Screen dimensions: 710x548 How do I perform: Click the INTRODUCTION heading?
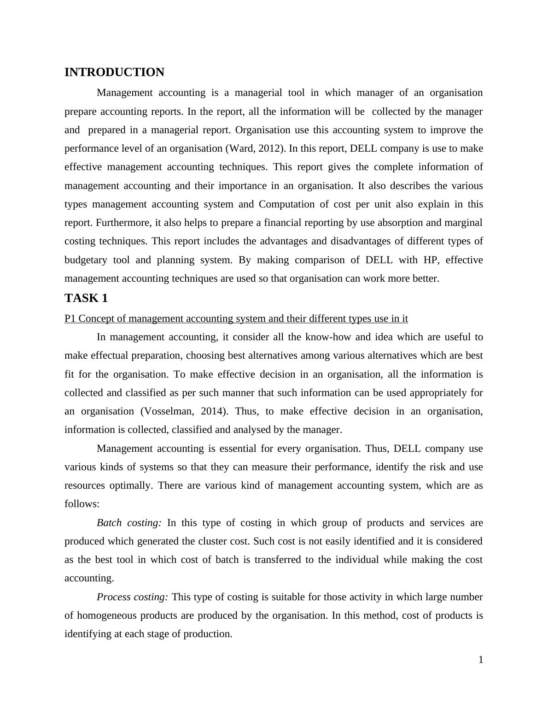click(114, 72)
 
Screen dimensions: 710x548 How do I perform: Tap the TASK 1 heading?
click(86, 298)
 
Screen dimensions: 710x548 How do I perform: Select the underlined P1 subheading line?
click(236, 319)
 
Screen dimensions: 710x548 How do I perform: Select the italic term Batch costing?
click(129, 523)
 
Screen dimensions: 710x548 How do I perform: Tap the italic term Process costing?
click(132, 597)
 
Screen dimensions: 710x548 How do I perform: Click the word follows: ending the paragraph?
click(82, 504)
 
